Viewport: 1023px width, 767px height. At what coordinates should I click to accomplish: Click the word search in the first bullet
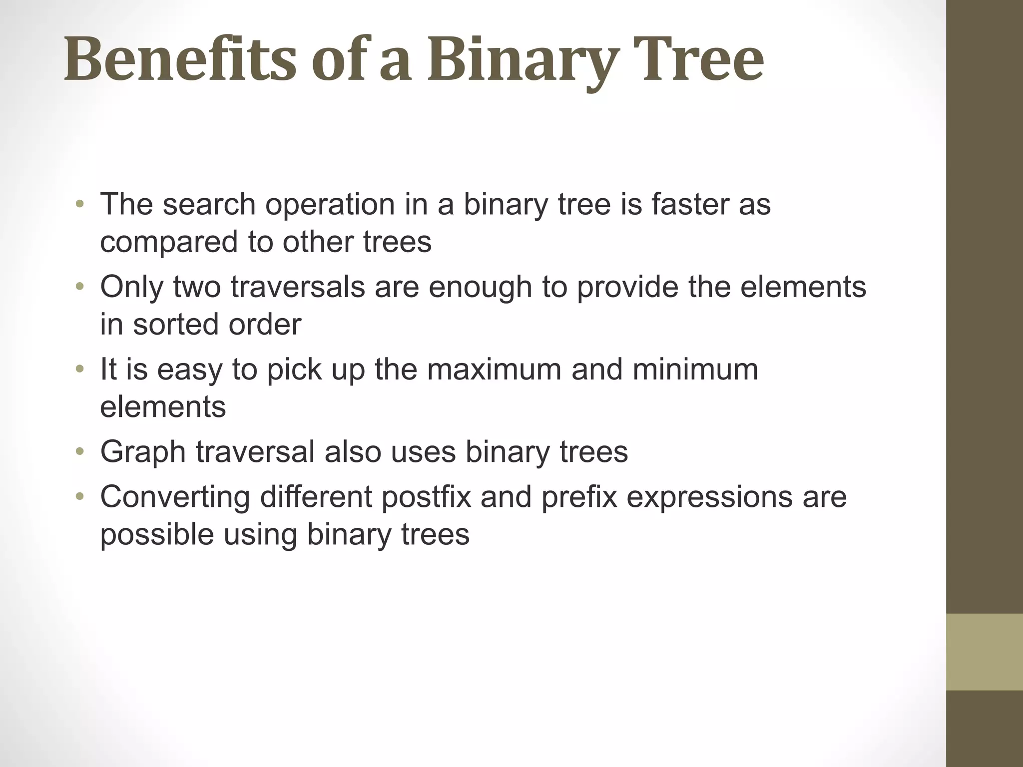[209, 205]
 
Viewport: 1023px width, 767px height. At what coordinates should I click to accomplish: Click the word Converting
[175, 497]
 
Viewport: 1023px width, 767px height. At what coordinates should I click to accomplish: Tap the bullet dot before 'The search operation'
[79, 205]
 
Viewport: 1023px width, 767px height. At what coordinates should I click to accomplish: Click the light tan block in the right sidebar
[985, 652]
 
